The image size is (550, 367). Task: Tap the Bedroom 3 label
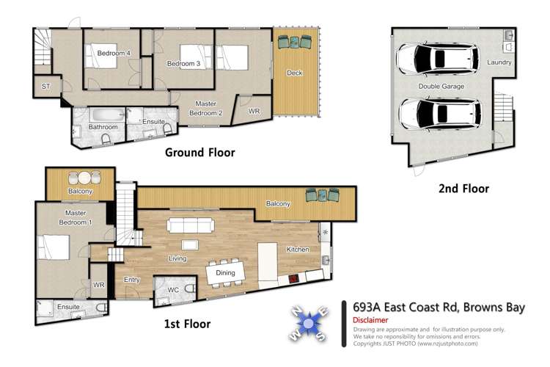click(x=184, y=64)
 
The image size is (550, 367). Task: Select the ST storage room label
click(x=46, y=87)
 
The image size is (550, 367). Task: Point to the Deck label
click(x=295, y=73)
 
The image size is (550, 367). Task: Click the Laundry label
click(x=499, y=62)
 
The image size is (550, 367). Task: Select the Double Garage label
click(x=441, y=87)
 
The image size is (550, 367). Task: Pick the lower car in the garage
click(x=433, y=113)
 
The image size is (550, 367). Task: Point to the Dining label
click(x=225, y=272)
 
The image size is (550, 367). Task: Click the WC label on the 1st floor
click(x=174, y=291)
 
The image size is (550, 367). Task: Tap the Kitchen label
click(x=297, y=250)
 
